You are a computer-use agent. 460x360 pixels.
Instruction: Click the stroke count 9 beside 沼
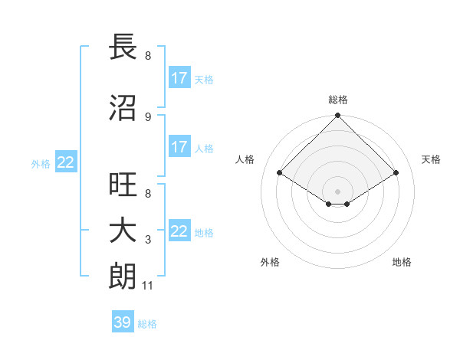click(147, 116)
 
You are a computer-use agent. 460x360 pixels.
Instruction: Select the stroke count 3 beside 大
click(147, 240)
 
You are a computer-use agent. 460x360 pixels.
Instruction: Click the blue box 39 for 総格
click(123, 322)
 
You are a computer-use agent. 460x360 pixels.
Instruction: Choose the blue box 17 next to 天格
click(179, 78)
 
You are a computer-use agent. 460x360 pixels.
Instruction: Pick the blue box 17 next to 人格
click(179, 147)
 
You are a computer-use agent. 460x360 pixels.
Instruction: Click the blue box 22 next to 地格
click(179, 231)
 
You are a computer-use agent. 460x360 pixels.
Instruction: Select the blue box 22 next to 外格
click(66, 162)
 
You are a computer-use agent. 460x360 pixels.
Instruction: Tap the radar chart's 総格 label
click(337, 100)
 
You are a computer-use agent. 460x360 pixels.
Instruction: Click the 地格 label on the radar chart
click(402, 262)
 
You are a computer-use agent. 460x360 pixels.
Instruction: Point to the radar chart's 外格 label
click(270, 262)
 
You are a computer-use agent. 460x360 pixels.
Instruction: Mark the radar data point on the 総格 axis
click(337, 116)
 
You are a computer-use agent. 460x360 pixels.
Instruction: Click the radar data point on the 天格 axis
click(396, 173)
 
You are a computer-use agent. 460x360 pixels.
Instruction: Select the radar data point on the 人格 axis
click(280, 173)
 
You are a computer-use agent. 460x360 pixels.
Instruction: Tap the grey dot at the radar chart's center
click(337, 191)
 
